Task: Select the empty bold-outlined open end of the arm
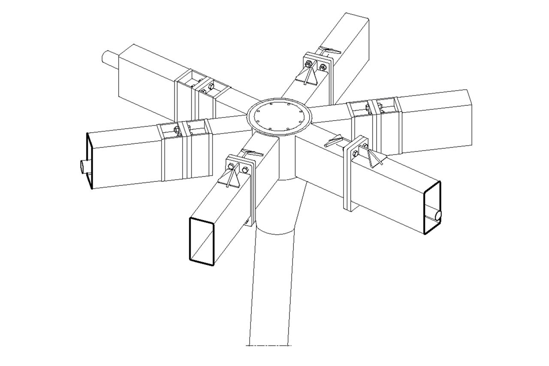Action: coord(202,240)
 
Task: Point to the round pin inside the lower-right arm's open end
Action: coord(437,215)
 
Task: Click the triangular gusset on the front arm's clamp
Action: coord(232,178)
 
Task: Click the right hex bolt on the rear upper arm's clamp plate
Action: coord(322,67)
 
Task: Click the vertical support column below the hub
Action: coord(272,279)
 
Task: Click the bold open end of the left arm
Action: coord(90,161)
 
